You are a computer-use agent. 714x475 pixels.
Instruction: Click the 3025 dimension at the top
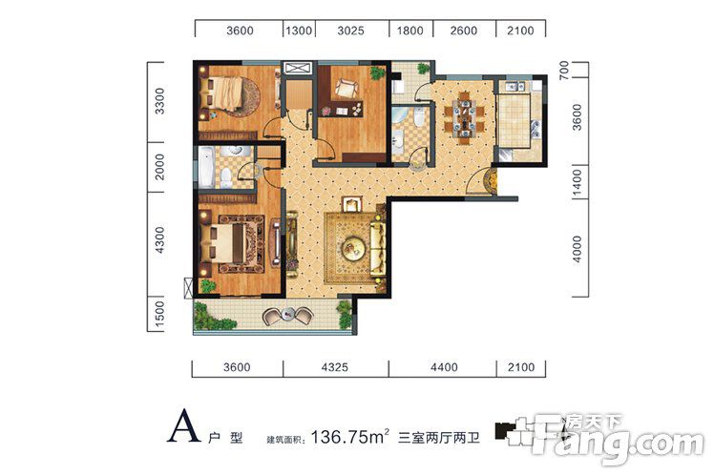(x=350, y=31)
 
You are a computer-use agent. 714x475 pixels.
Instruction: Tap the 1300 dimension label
(x=299, y=31)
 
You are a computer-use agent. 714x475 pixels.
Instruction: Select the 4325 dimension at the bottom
(x=335, y=366)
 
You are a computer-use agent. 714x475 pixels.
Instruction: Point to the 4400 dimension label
(x=444, y=366)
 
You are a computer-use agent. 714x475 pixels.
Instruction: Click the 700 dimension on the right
(x=564, y=70)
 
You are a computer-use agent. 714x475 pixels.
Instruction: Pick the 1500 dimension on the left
(x=158, y=314)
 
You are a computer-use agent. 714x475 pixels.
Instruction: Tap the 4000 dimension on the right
(x=577, y=249)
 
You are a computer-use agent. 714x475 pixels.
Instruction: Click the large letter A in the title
(x=183, y=425)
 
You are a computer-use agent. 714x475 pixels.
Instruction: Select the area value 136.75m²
(x=349, y=437)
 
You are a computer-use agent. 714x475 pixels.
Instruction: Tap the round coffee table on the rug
(x=353, y=248)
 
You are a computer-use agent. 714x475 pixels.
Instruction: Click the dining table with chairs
(x=464, y=117)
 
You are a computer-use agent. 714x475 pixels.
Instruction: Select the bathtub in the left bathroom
(x=206, y=167)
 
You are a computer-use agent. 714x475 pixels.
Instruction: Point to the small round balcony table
(x=287, y=314)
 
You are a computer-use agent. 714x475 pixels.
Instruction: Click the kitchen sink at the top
(x=514, y=86)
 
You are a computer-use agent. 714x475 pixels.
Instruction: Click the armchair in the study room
(x=346, y=88)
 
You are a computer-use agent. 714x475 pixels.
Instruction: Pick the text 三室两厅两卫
(x=438, y=438)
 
